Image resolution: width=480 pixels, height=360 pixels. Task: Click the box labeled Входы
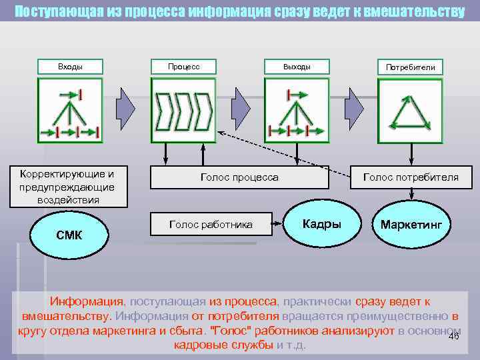70,67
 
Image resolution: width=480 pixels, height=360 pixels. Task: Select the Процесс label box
183,67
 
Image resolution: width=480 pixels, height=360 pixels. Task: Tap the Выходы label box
297,67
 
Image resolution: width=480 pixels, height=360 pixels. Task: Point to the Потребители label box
410,67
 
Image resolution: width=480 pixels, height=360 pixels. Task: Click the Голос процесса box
239,177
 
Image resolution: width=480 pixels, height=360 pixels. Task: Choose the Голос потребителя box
410,177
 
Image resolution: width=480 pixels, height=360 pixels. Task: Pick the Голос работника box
211,225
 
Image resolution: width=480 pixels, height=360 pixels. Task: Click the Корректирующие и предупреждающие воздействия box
67,187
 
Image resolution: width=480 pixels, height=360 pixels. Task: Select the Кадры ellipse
322,224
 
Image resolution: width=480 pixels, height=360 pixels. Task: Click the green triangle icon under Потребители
410,111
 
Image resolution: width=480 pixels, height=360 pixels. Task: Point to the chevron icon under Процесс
183,111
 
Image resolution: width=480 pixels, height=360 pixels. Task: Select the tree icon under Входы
70,111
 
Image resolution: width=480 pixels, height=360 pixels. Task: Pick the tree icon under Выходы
297,111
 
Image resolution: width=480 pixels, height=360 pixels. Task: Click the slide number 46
454,337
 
